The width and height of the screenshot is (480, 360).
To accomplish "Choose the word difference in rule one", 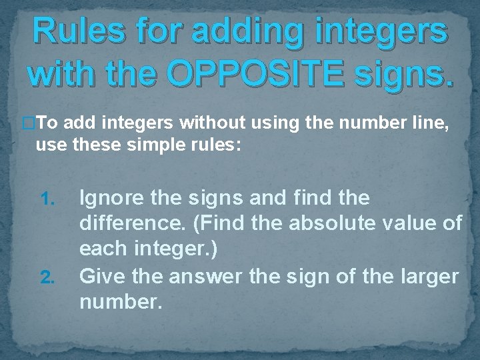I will pos(130,223).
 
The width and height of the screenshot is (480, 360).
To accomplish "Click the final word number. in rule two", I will pos(121,302).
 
